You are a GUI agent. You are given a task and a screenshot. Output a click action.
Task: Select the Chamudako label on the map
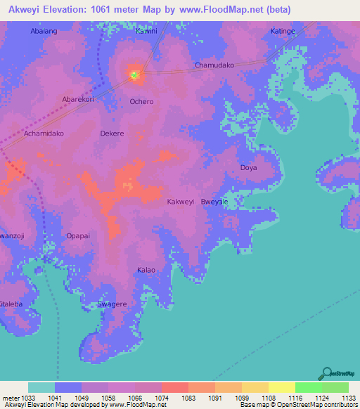click(x=214, y=65)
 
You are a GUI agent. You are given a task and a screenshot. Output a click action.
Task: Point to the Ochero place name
click(x=141, y=101)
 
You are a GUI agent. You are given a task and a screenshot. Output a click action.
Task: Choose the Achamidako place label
click(x=44, y=133)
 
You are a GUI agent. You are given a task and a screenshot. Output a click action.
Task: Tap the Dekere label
click(x=112, y=133)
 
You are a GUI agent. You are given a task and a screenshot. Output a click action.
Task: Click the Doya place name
click(x=249, y=168)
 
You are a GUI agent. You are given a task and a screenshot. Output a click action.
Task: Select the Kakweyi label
click(x=180, y=202)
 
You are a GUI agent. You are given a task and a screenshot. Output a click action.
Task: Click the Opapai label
click(x=77, y=236)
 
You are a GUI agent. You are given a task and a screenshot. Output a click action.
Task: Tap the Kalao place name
click(x=146, y=270)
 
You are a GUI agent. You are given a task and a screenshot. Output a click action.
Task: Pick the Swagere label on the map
click(x=112, y=304)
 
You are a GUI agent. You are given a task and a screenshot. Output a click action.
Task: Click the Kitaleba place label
click(x=10, y=304)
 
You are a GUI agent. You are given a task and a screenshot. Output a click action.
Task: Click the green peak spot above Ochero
click(x=134, y=73)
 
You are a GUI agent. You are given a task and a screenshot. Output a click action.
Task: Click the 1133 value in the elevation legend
click(x=349, y=398)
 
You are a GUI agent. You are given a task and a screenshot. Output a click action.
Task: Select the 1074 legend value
click(x=162, y=398)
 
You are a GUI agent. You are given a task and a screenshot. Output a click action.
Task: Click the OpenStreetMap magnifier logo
click(x=326, y=373)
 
